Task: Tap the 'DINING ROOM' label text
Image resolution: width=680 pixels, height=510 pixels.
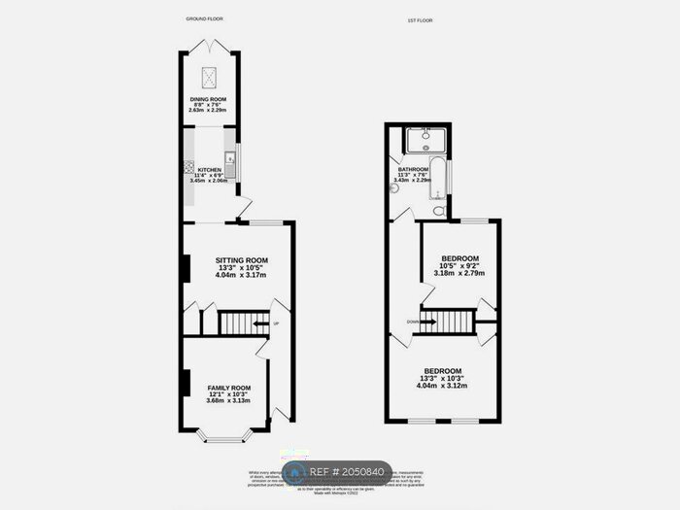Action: click(208, 100)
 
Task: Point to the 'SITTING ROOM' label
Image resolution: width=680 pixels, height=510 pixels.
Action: click(241, 260)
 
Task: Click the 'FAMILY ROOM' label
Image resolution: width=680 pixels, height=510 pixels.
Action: click(228, 388)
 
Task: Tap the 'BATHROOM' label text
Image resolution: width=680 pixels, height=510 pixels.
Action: click(413, 169)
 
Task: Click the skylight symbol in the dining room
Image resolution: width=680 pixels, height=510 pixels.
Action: click(209, 77)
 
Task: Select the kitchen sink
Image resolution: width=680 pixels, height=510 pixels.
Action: click(230, 158)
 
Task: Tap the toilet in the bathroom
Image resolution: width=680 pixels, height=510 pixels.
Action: click(439, 209)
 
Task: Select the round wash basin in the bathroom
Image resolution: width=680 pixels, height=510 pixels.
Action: click(395, 189)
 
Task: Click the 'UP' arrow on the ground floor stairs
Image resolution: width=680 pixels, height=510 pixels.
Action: click(257, 323)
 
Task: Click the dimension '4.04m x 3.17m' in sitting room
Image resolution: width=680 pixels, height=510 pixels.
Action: click(241, 274)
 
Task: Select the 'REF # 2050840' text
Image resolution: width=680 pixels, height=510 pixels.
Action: click(349, 472)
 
